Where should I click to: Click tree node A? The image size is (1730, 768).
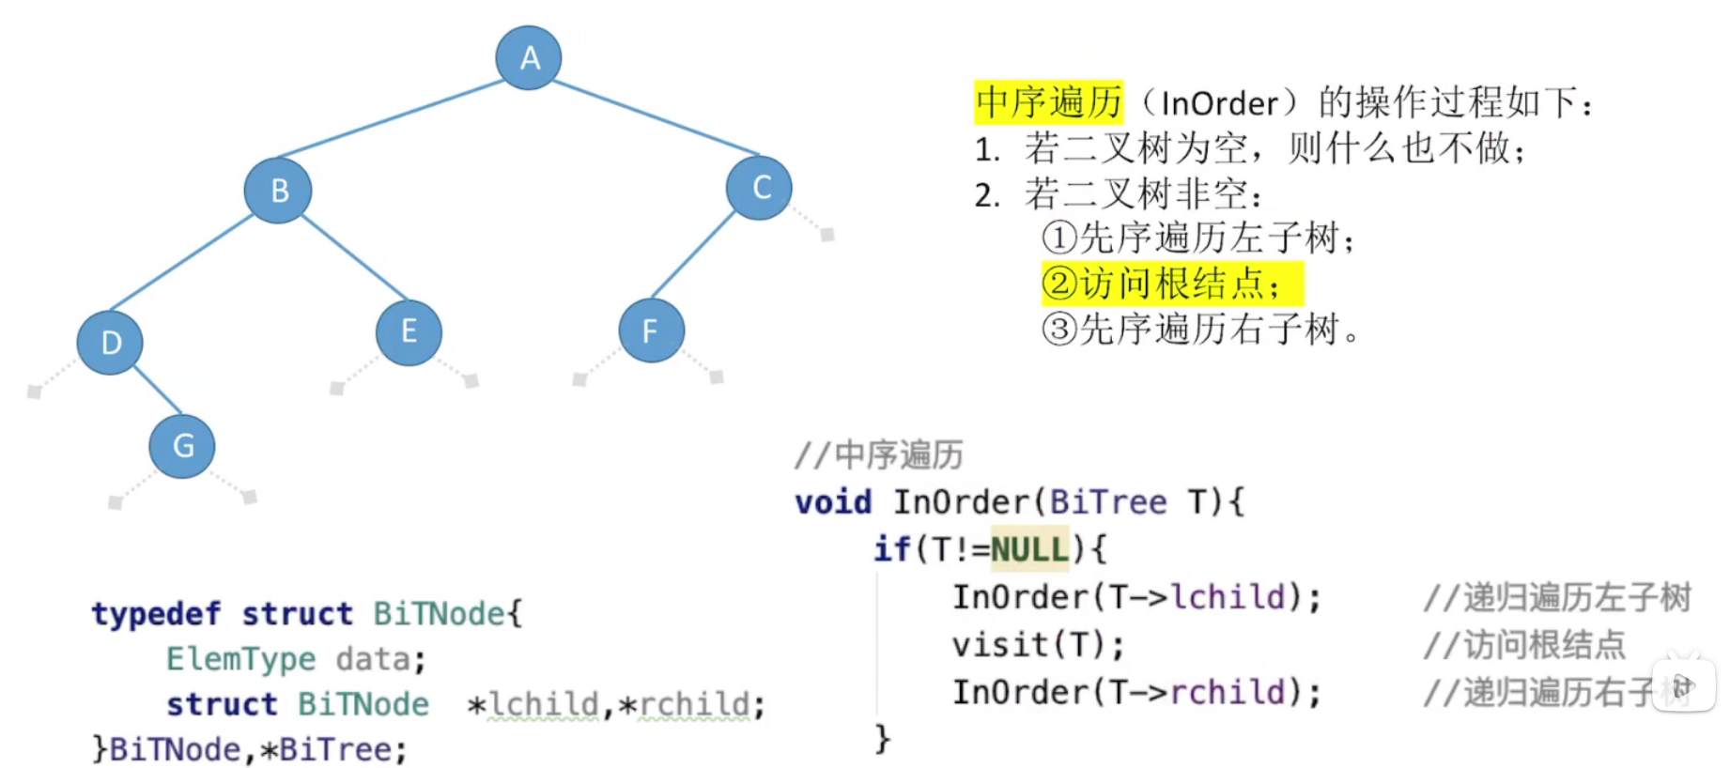pos(529,58)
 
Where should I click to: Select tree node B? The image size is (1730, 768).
pos(278,191)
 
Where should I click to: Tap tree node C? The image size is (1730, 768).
pos(759,188)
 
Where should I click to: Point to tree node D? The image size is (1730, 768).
pos(110,343)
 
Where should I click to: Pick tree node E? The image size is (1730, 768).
pos(409,331)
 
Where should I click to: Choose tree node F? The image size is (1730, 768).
pos(650,330)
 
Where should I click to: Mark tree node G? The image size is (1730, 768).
pos(182,445)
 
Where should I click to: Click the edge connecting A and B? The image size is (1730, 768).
pos(392,118)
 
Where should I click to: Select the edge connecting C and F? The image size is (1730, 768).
pos(693,255)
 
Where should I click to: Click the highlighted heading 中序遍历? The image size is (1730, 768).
pos(1048,102)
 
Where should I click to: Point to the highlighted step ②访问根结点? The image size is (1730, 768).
pos(1171,284)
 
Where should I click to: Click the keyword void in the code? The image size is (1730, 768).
pos(833,502)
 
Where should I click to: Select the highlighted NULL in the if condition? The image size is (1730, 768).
pos(1029,549)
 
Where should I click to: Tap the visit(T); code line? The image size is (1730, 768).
pos(1038,645)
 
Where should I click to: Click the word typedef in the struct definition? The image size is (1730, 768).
pos(156,614)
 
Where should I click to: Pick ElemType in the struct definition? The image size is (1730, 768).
pos(240,659)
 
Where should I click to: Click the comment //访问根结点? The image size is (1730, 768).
pos(1523,645)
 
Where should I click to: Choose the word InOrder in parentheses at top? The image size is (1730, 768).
pos(1220,103)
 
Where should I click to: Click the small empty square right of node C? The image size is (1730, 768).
pos(827,235)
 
